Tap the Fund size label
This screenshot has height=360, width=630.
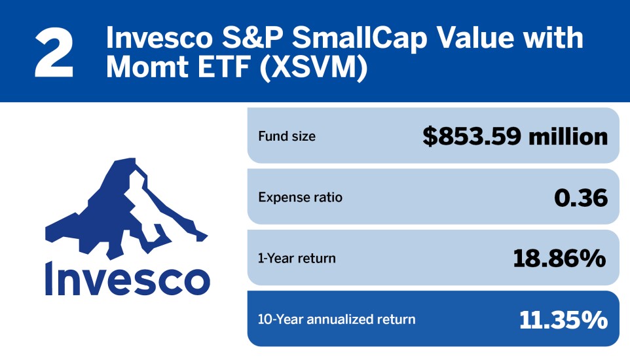click(x=287, y=137)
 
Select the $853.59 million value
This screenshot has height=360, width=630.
click(x=515, y=137)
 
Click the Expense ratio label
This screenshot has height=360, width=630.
click(x=300, y=197)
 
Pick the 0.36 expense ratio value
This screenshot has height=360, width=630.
click(x=581, y=198)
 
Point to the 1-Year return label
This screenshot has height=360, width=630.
click(x=297, y=258)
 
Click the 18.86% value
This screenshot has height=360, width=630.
click(x=559, y=258)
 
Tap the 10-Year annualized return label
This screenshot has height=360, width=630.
click(x=337, y=319)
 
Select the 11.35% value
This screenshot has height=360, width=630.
click(x=563, y=319)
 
